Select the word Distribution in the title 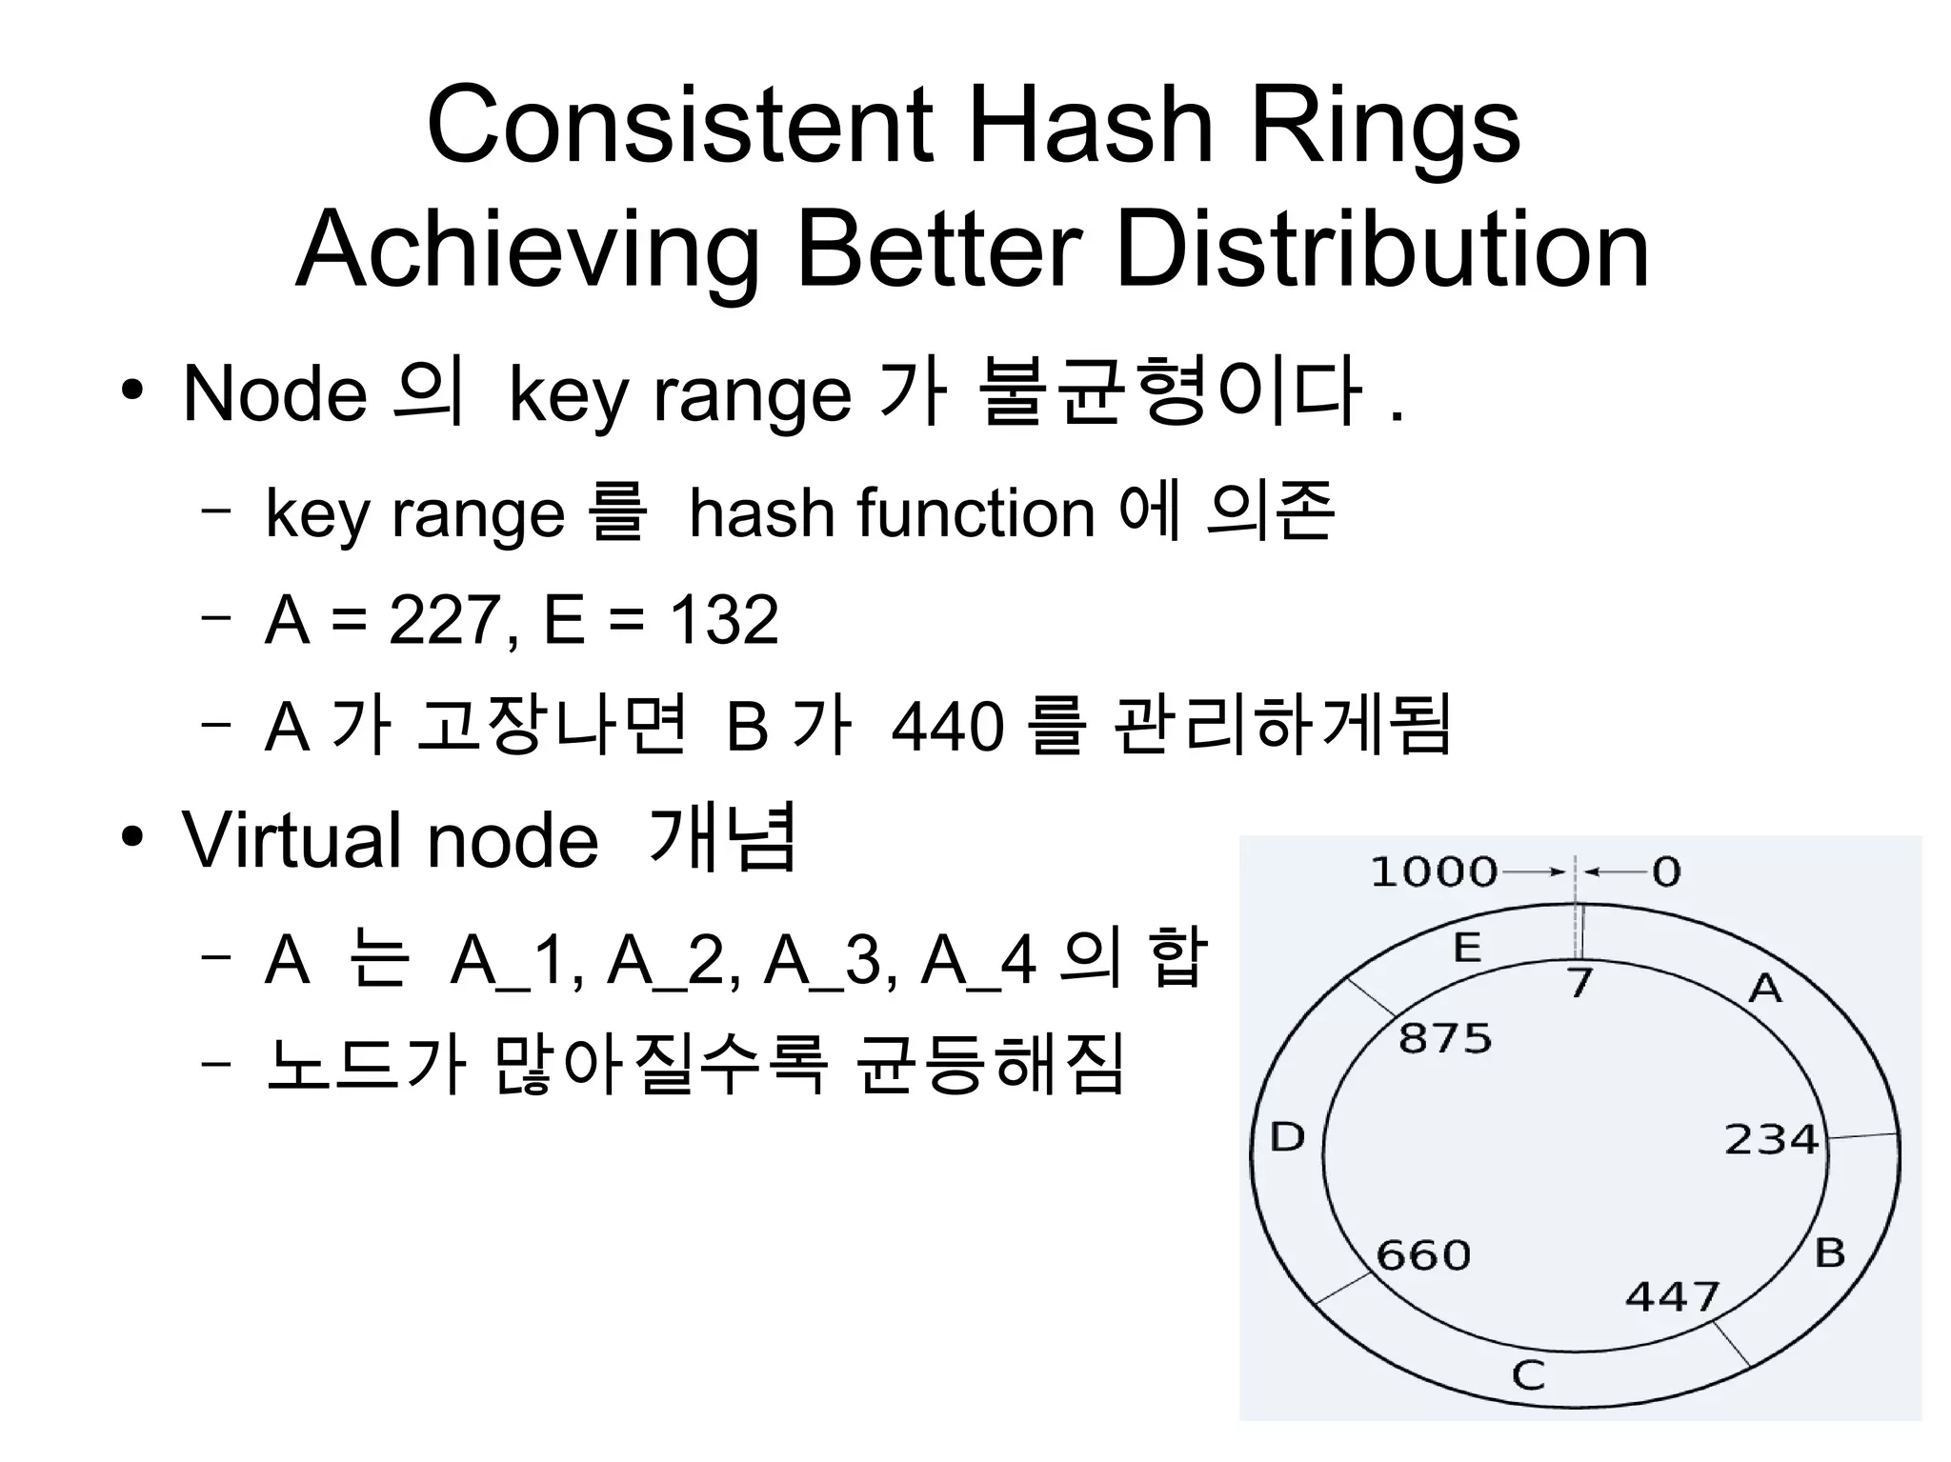[x=1381, y=250]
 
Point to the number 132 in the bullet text [x=724, y=620]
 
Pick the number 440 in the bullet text [x=948, y=728]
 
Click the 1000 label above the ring [x=1433, y=871]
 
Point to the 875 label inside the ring [x=1444, y=1038]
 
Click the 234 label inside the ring [x=1771, y=1139]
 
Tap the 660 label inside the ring [x=1423, y=1255]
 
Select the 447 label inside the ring [x=1672, y=1296]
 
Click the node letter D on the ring [x=1287, y=1137]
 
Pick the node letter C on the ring [x=1529, y=1375]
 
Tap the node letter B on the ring [x=1830, y=1252]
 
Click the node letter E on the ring [x=1467, y=948]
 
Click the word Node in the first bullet [x=274, y=393]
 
